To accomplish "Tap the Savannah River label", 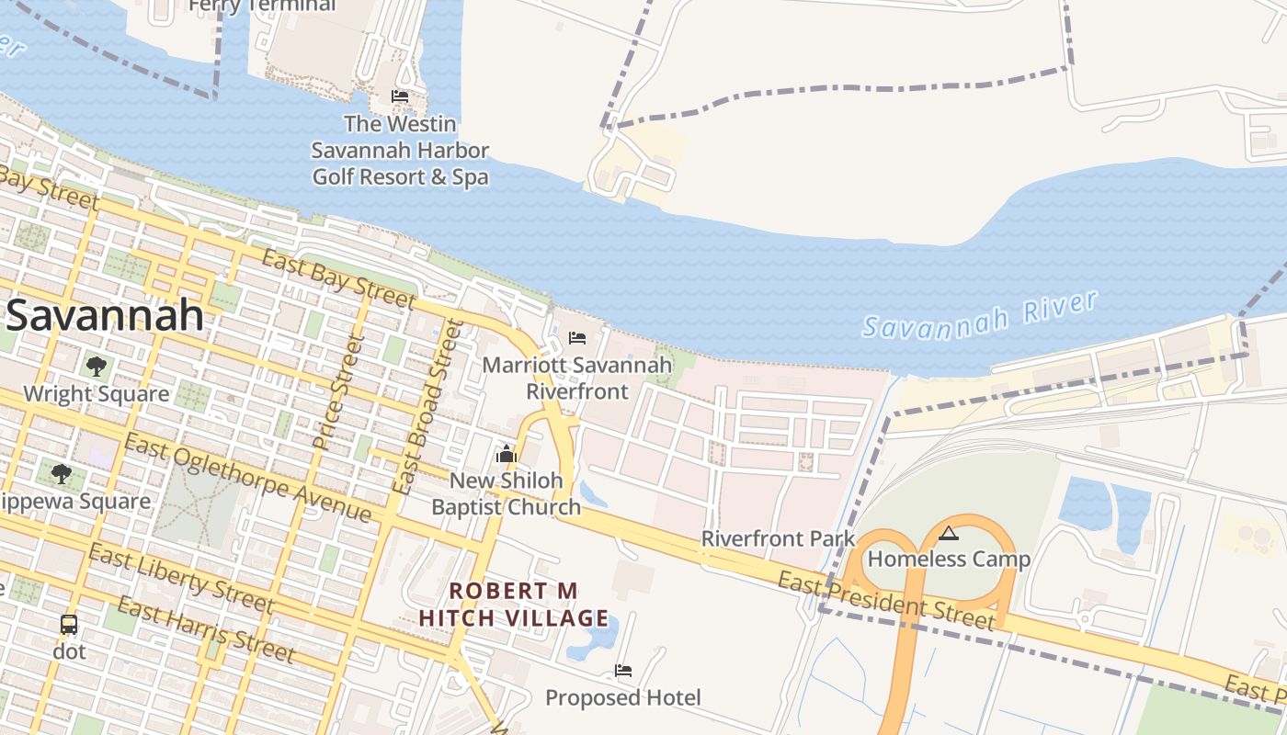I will pos(980,315).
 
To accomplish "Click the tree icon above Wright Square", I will pos(96,367).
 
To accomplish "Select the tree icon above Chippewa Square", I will pos(62,474).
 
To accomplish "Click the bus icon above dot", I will pos(69,625).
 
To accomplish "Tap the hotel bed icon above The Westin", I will pos(400,96).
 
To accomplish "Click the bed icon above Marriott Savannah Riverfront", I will pos(577,338).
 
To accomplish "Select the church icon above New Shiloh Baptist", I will pos(507,454).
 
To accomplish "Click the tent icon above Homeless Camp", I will pos(949,533).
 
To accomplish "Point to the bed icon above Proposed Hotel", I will pos(623,671).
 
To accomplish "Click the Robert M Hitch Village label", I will pos(513,604).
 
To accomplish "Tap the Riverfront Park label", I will pos(778,538).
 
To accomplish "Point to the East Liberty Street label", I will pos(181,578).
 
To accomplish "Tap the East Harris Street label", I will pos(206,629).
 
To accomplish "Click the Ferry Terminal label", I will pos(262,6).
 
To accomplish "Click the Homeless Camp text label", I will pos(949,559).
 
